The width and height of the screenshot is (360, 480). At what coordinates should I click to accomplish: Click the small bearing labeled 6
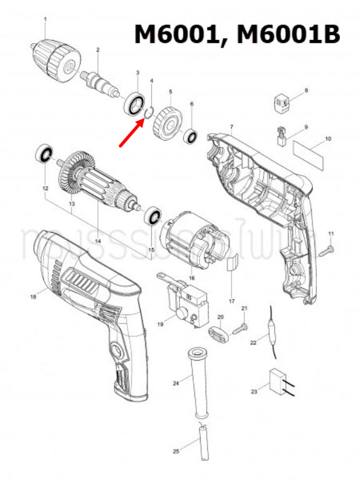[x=191, y=134]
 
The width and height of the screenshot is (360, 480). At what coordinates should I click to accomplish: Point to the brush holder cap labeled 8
[x=282, y=101]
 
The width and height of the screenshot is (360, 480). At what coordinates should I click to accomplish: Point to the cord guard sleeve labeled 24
[x=198, y=381]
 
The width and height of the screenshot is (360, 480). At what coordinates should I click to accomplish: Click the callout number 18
[x=32, y=297]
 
